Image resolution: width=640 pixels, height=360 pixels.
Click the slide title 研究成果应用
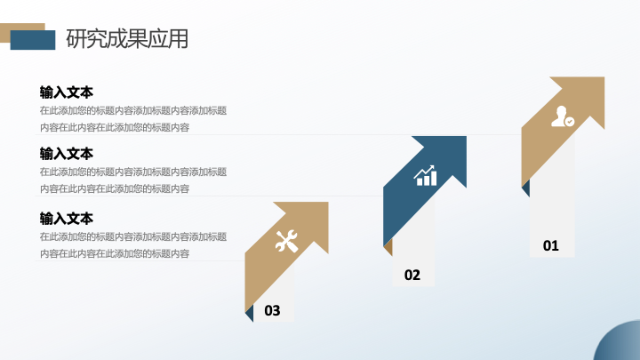pyautogui.click(x=127, y=39)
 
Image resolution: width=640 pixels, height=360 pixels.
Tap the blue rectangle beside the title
pyautogui.click(x=33, y=40)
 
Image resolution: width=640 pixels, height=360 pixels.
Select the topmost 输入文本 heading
pyautogui.click(x=67, y=92)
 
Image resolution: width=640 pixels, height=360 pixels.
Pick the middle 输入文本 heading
pyautogui.click(x=67, y=154)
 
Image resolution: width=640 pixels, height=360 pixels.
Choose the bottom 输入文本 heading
pyautogui.click(x=67, y=219)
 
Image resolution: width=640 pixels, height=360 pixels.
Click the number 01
pyautogui.click(x=550, y=245)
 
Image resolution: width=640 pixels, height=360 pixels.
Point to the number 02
pyautogui.click(x=412, y=275)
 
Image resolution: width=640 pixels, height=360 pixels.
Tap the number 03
pyautogui.click(x=272, y=310)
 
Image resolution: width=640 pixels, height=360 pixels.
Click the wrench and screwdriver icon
pyautogui.click(x=286, y=241)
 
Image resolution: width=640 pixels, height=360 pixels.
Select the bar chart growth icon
pyautogui.click(x=425, y=175)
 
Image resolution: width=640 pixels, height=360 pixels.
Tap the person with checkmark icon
pyautogui.click(x=563, y=116)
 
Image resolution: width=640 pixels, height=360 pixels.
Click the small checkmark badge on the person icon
pyautogui.click(x=570, y=121)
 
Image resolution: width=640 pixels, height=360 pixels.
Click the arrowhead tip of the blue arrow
pyautogui.click(x=466, y=137)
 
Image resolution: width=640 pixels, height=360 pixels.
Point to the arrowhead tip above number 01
pyautogui.click(x=604, y=77)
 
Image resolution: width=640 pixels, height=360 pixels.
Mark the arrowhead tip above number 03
pyautogui.click(x=328, y=203)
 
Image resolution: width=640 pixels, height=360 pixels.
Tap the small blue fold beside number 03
pyautogui.click(x=250, y=313)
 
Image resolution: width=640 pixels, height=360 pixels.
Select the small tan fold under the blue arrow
pyautogui.click(x=388, y=247)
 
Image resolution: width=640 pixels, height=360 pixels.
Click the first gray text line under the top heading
pyautogui.click(x=133, y=110)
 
